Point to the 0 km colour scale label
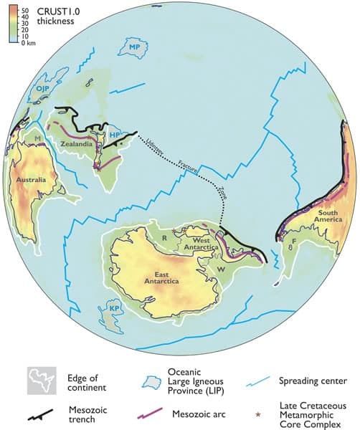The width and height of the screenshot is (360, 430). coord(29,43)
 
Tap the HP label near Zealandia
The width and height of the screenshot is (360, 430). coord(115,134)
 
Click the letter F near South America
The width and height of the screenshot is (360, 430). coord(291,242)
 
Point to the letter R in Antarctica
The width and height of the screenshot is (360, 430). coord(165,236)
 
